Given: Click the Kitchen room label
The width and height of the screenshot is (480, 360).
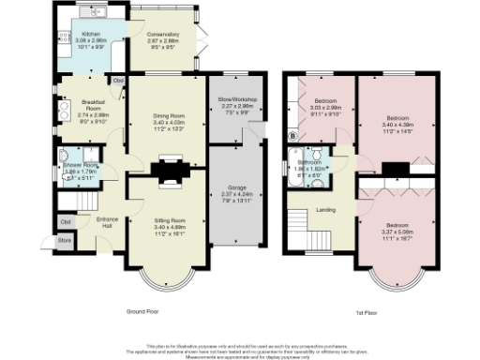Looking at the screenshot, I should point(91,33).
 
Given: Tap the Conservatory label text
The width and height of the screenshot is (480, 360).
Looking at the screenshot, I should point(161,35).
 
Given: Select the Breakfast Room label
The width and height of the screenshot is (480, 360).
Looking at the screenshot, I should point(92,103).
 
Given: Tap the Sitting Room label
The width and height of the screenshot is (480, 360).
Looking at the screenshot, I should point(170,220).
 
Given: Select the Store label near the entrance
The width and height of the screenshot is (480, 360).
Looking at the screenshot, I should point(64,240).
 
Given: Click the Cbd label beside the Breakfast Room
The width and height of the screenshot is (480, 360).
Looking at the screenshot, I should point(118,82).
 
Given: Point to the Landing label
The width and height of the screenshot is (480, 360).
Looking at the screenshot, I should point(326,210).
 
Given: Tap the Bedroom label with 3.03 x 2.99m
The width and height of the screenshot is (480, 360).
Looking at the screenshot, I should point(325,100).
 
